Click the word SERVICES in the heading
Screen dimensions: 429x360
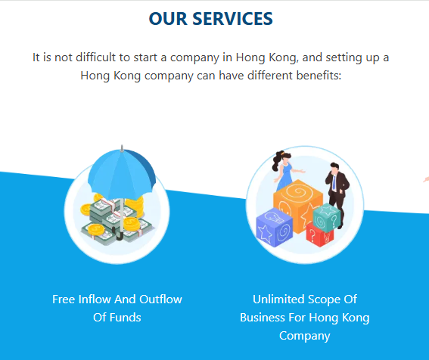[x=232, y=19]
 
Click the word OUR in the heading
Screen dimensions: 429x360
[x=168, y=19]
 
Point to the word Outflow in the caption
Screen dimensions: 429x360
[x=161, y=299]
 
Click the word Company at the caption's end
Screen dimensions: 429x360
[x=304, y=337]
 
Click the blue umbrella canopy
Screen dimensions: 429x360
[x=122, y=175]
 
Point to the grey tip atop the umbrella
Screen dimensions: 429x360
[x=122, y=148]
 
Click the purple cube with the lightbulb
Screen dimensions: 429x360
[x=275, y=227]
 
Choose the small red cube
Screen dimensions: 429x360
[x=320, y=234]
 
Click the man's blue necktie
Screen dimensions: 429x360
[x=334, y=183]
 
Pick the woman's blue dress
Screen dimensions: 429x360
[x=285, y=177]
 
